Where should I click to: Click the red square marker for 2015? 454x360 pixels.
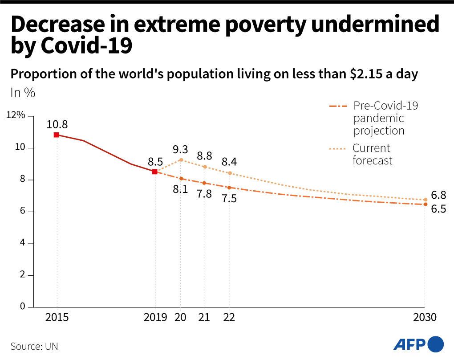(x=57, y=135)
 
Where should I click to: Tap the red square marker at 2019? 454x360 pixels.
(x=155, y=172)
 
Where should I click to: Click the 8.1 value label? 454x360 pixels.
(x=180, y=189)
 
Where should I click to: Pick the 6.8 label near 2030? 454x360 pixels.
(x=438, y=195)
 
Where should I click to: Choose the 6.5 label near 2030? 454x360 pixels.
(x=438, y=209)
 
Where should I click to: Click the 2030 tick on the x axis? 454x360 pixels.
(x=425, y=317)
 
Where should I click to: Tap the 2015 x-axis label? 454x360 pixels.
(x=57, y=317)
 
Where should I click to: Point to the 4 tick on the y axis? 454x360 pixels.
(x=22, y=243)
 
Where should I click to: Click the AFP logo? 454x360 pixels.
(x=418, y=344)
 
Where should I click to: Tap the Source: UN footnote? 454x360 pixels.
(x=34, y=346)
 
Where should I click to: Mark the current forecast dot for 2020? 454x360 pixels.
(x=181, y=160)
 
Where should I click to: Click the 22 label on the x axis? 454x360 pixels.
(x=229, y=317)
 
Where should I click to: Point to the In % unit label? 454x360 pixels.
(x=22, y=93)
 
